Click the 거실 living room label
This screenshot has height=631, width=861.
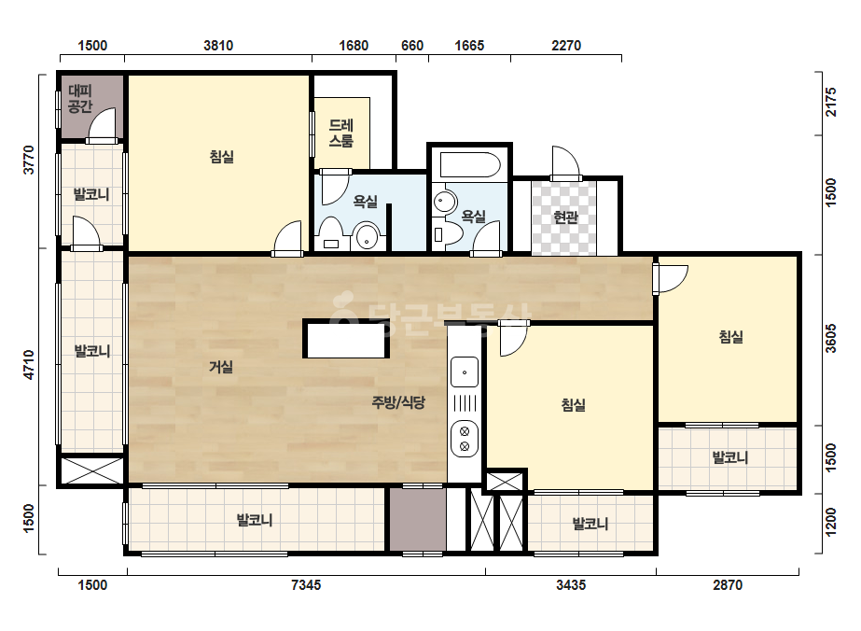(221, 367)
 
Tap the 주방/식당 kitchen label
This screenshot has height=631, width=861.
(398, 402)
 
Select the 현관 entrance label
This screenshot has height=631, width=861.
(565, 217)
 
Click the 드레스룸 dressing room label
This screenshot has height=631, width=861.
(341, 133)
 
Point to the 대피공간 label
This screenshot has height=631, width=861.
(80, 98)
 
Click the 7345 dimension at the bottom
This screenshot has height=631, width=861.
(306, 585)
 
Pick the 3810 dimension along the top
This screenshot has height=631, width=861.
(218, 46)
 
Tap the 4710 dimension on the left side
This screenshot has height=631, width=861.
(29, 364)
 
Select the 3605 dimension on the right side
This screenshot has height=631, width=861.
(831, 339)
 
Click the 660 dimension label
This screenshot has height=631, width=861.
(412, 46)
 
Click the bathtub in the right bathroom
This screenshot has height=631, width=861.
(470, 164)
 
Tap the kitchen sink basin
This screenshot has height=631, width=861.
(465, 372)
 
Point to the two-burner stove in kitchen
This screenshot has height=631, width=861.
(465, 439)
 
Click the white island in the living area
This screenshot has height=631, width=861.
(346, 339)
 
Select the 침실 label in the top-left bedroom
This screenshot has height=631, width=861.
(222, 157)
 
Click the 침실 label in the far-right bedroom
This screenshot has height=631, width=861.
(731, 336)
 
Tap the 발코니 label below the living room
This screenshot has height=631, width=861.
(255, 520)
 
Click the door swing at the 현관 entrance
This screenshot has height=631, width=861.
(566, 162)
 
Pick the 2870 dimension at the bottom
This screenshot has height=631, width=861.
(728, 585)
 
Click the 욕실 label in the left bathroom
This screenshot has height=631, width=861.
(365, 202)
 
